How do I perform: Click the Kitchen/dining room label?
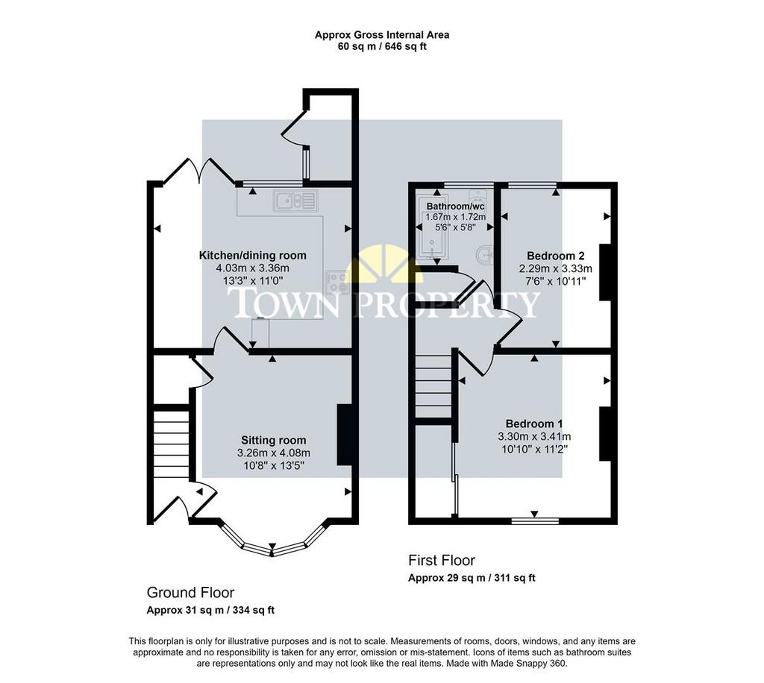coord(252,256)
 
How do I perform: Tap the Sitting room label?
coord(273,441)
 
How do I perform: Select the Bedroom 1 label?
coord(534,424)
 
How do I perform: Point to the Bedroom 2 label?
coord(555,256)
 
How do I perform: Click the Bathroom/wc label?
coord(456,207)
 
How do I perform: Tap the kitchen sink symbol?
coord(295,201)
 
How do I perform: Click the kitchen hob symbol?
coord(336,283)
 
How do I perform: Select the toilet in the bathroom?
coord(483,254)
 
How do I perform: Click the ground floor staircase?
coord(171,444)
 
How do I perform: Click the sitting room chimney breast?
coord(345,434)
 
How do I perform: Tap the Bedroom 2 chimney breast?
coord(605,272)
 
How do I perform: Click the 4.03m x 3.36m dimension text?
coord(252,268)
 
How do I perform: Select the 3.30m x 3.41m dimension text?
coord(534,437)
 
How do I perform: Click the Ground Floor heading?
coord(190,593)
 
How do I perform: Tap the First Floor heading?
coord(442,560)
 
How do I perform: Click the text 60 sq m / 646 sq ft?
coord(382,47)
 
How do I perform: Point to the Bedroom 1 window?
coord(535,521)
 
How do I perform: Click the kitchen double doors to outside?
coord(199,171)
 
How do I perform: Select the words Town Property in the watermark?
coord(384,303)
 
